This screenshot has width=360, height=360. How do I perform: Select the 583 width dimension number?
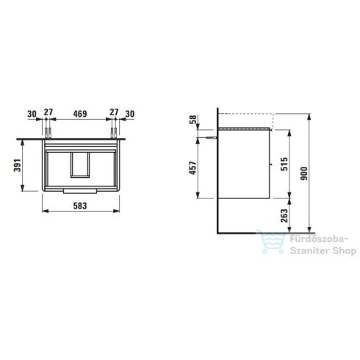tap(82, 206)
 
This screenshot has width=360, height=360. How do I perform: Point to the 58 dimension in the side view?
tap(193, 120)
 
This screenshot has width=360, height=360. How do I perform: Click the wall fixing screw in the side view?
tap(212, 137)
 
